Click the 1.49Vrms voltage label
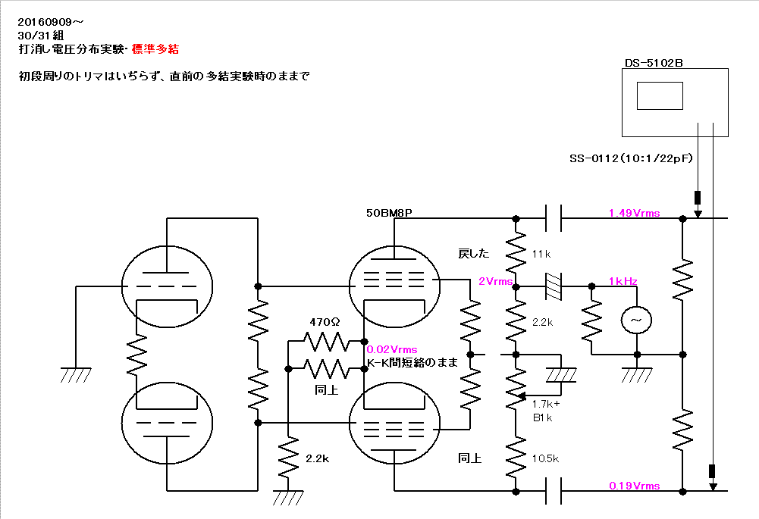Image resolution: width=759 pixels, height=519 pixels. (x=634, y=213)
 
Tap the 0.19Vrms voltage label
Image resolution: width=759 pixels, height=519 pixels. (x=634, y=486)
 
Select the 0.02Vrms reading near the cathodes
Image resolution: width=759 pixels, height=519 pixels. (x=391, y=349)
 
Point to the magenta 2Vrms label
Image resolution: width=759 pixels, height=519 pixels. (x=495, y=281)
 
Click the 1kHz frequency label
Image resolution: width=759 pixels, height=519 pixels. (x=623, y=281)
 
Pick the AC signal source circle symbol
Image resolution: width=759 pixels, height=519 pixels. (x=636, y=320)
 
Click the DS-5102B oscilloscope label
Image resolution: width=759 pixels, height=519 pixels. (x=654, y=63)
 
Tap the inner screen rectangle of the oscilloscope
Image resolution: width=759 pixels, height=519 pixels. (x=660, y=95)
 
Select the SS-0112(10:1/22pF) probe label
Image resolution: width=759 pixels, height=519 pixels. (x=631, y=158)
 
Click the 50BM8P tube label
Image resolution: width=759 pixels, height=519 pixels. (x=389, y=213)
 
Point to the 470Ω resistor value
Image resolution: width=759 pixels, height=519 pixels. (x=325, y=322)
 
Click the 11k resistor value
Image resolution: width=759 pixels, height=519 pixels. (x=541, y=254)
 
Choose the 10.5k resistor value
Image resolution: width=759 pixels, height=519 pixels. (x=545, y=458)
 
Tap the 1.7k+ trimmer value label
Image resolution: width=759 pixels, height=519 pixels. (x=546, y=404)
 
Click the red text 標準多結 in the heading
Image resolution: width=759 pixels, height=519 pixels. (x=155, y=48)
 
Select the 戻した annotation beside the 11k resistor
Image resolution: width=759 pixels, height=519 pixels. (x=473, y=254)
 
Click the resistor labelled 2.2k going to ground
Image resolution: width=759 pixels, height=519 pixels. (x=288, y=457)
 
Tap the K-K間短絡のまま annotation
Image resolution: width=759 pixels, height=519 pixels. (x=412, y=362)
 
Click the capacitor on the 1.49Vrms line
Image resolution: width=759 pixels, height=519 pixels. (x=554, y=218)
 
